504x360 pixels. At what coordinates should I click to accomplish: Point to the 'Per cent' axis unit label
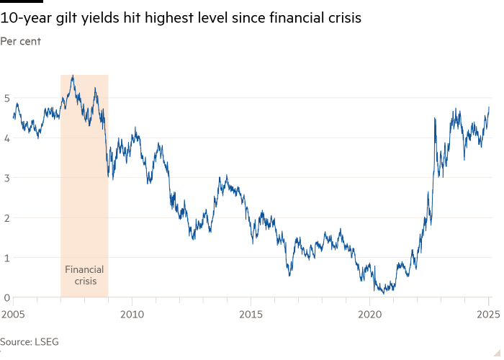coord(20,41)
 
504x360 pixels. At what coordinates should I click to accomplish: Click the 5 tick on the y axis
coord(7,97)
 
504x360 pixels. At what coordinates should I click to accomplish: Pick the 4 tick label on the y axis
coord(7,138)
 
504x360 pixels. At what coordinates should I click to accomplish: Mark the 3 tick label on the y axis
coord(7,177)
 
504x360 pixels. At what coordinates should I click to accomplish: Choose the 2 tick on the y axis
coord(7,217)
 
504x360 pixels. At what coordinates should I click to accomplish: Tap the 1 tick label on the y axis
coord(7,257)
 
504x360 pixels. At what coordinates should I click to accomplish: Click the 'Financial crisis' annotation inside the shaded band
coord(84,275)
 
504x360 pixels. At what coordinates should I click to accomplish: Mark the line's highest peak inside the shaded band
coord(72,76)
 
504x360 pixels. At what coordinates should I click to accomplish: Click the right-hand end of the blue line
coord(489,107)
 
